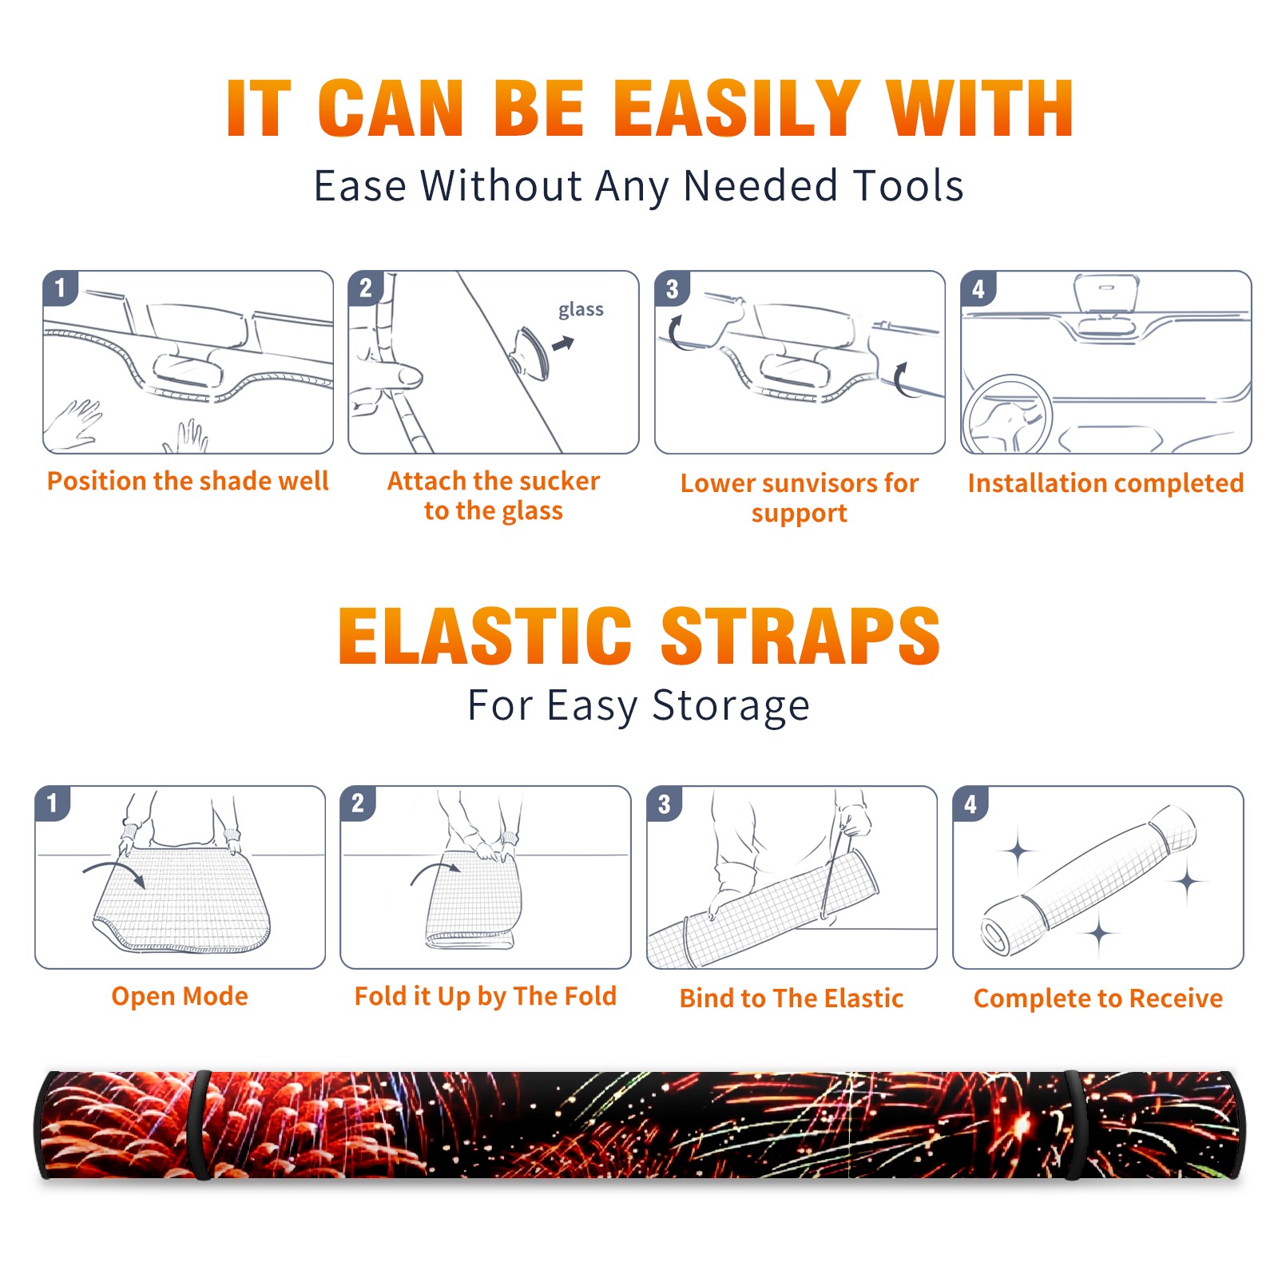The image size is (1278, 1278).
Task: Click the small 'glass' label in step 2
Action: tap(581, 310)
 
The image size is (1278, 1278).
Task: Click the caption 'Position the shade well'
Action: tap(188, 481)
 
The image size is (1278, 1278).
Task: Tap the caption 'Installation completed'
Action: tap(1105, 482)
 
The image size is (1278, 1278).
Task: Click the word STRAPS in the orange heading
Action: tap(800, 636)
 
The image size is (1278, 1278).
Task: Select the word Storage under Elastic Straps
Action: tap(731, 706)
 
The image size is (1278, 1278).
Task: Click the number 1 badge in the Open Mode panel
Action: tap(53, 803)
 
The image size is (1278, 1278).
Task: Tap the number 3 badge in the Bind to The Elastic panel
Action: tap(665, 804)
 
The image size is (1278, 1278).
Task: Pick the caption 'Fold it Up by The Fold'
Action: tap(486, 996)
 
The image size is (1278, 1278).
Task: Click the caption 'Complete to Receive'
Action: tap(1098, 998)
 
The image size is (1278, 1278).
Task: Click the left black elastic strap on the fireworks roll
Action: tap(200, 1125)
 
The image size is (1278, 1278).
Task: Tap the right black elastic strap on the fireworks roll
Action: tap(1075, 1125)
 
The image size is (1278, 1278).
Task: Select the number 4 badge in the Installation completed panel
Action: tap(978, 288)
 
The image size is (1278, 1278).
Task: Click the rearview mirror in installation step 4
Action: tap(1106, 294)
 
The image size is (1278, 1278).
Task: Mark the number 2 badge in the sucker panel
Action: tap(366, 288)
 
